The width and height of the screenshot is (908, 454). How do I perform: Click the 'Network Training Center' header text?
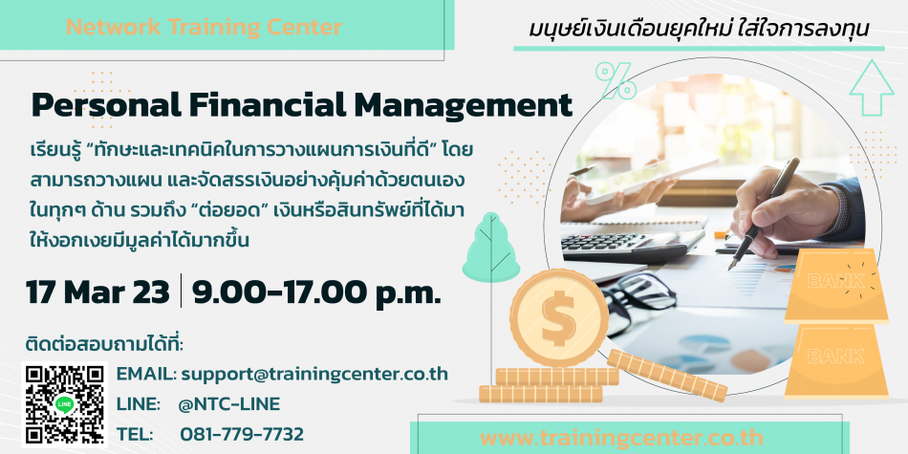coord(204,27)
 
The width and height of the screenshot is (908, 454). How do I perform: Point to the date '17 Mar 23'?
coord(97,292)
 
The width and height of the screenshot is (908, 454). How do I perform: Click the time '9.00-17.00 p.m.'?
coord(316,292)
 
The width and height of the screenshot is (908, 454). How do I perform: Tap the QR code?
coord(65,405)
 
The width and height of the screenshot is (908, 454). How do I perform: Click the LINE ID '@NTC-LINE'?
coord(230,404)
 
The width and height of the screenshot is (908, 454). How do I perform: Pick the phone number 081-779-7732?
coord(242,434)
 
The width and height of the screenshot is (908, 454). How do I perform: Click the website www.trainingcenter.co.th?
coord(621,438)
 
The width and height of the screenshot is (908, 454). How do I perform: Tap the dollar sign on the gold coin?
coord(558,318)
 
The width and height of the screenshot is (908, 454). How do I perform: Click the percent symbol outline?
coord(616,80)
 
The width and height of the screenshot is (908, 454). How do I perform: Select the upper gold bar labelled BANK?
coord(836,285)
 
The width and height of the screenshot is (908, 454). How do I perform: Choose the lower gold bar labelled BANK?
coord(836,361)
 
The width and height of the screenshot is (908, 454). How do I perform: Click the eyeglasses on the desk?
coord(637,299)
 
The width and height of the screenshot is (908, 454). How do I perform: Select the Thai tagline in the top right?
coord(699,30)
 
